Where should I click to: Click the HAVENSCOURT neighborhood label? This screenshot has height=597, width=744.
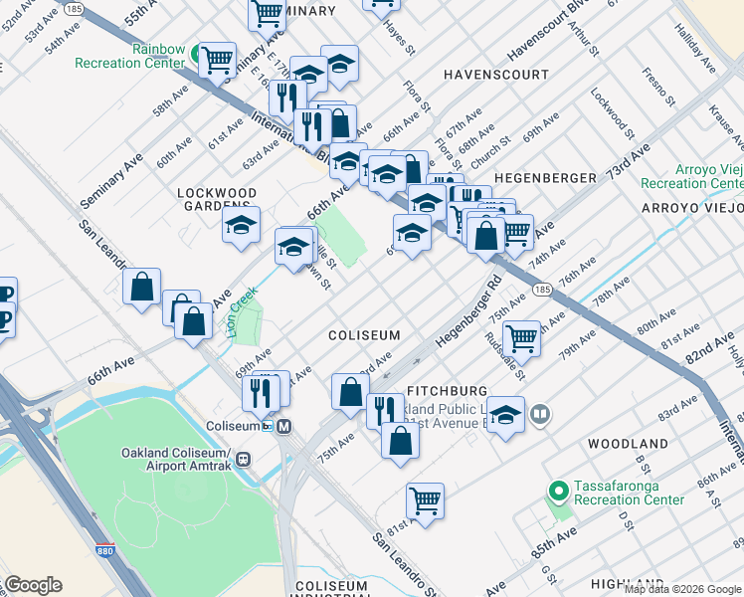[x=495, y=75]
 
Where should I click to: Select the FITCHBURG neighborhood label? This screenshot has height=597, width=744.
[x=447, y=391]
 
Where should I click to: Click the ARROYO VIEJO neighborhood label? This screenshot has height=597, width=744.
[x=691, y=208]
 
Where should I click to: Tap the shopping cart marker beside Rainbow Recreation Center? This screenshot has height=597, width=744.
[x=217, y=60]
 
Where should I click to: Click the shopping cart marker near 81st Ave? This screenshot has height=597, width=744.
[x=425, y=500]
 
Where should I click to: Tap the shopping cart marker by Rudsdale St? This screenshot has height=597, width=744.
[x=521, y=338]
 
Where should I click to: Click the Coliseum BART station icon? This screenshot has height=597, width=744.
[x=284, y=426]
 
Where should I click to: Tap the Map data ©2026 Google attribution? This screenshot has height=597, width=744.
[x=683, y=589]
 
